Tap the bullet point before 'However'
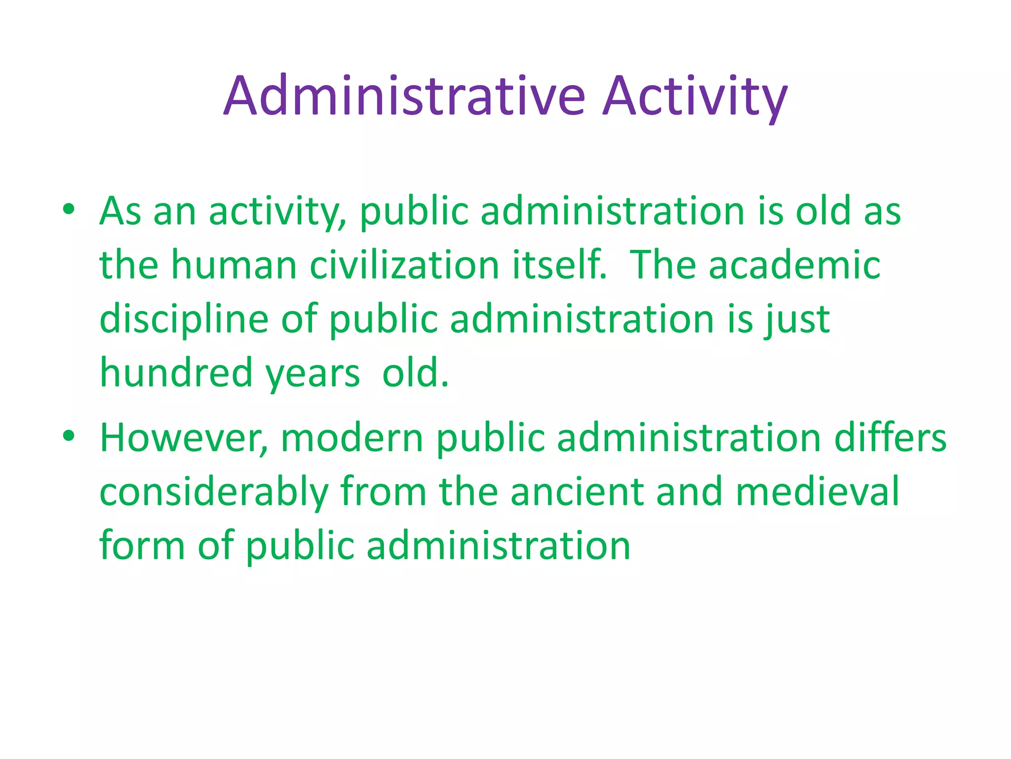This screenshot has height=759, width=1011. pos(69,435)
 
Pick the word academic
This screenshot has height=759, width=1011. pos(794,265)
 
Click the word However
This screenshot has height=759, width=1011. pos(184,438)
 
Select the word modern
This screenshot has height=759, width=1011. pos(352,438)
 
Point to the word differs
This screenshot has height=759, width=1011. pos(890,438)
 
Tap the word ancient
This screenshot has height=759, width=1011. pos(577,493)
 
